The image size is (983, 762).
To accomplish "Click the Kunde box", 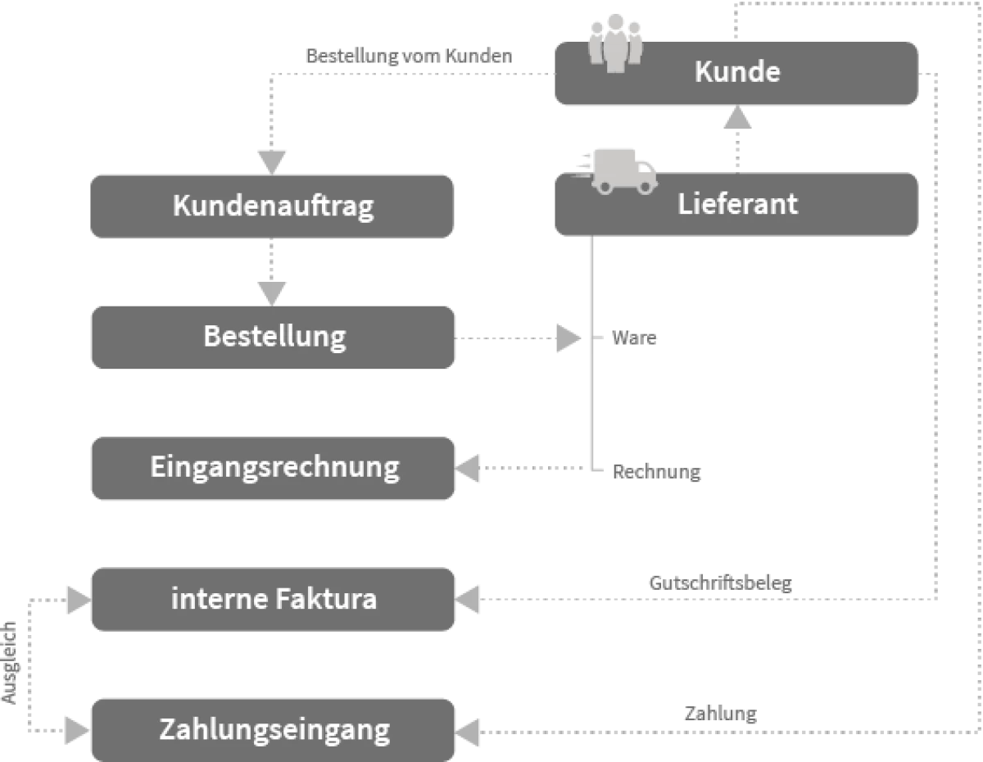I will click(736, 73).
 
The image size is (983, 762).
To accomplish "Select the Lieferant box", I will click(736, 204).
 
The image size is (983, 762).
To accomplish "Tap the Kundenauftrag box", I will click(272, 206).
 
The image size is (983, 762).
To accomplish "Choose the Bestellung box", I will click(272, 337).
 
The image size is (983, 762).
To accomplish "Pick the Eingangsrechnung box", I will click(272, 468).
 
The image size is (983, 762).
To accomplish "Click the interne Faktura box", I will click(272, 599).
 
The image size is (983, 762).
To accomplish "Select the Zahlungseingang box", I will click(272, 729).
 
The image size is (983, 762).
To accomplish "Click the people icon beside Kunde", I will click(616, 45).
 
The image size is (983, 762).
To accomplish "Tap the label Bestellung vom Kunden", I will click(408, 57).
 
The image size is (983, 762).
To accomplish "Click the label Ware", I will click(634, 338).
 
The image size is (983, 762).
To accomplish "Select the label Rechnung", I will click(656, 473).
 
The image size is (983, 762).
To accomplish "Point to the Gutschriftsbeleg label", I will click(720, 583).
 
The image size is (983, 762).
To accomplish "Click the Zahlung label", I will click(719, 714).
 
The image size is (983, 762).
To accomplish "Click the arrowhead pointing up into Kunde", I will click(738, 120).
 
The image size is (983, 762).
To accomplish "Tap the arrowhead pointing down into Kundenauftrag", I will click(271, 161).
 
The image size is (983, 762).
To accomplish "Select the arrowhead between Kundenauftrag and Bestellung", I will click(271, 293).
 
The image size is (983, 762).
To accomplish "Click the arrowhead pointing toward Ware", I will click(569, 338).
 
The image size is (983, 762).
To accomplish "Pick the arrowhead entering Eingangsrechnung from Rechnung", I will click(468, 469).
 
